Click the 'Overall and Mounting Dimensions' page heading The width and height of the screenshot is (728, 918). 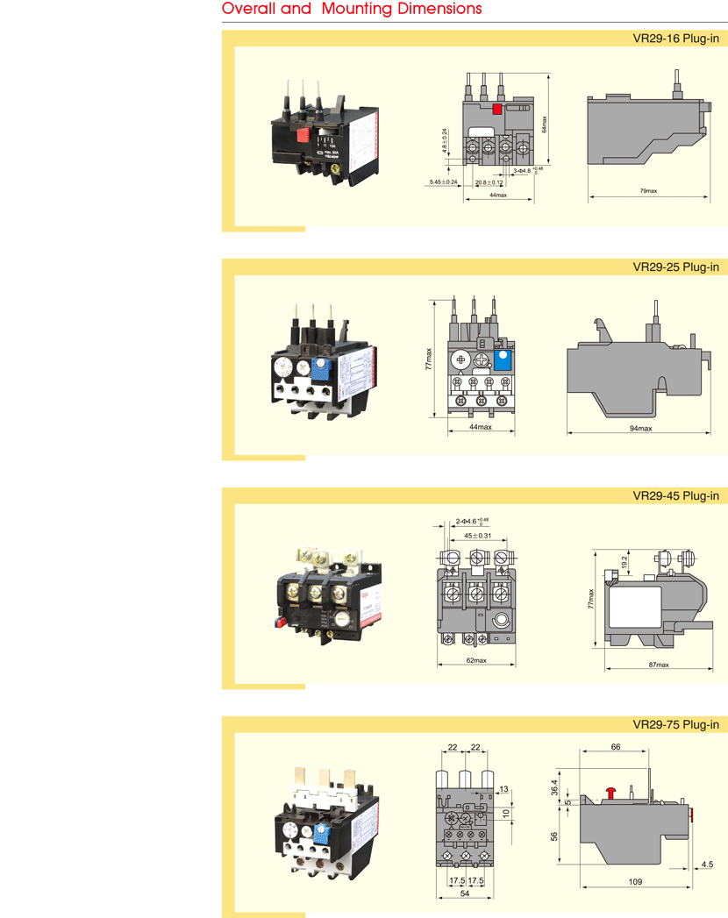[x=352, y=10]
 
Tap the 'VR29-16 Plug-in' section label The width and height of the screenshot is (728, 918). [x=675, y=39]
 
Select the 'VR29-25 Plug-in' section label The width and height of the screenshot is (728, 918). [x=675, y=267]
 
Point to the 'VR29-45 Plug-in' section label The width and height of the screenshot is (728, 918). [x=675, y=495]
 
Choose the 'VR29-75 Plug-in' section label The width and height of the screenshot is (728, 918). [x=675, y=724]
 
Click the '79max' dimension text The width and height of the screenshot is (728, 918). [x=648, y=190]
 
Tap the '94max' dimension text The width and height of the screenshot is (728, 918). [x=640, y=428]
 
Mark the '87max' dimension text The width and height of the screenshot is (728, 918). [x=659, y=665]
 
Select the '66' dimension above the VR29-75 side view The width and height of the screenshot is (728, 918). [x=615, y=747]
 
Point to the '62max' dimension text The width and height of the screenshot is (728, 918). [x=476, y=659]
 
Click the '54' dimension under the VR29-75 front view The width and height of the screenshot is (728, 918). [x=465, y=893]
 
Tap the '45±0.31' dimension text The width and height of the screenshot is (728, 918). [x=477, y=536]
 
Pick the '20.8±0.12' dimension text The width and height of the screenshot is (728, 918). [x=489, y=182]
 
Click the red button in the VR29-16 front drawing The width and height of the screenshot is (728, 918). [x=497, y=110]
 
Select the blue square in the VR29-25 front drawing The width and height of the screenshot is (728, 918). [x=503, y=359]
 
